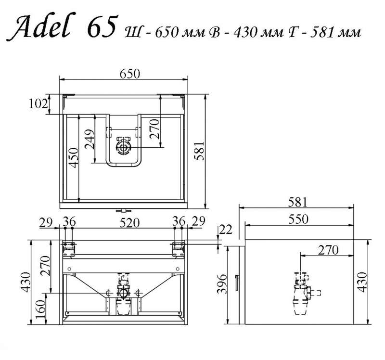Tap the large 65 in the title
[102, 26]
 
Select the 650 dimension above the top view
[130, 74]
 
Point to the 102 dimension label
[38, 103]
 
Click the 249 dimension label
[90, 139]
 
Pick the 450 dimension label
[74, 158]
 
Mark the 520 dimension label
[129, 223]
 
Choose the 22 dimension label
[225, 230]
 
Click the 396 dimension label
[222, 283]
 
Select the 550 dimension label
[298, 219]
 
